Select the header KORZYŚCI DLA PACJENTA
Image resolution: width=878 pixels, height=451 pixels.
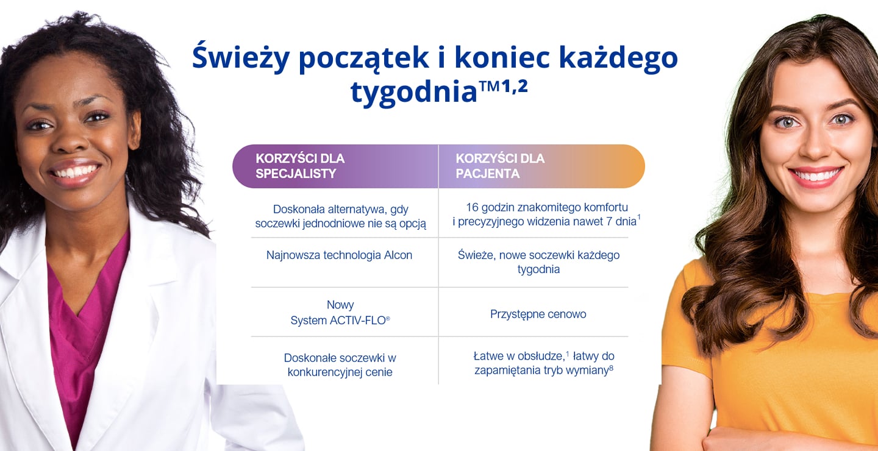click(500, 166)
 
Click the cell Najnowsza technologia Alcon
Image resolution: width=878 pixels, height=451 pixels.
click(339, 255)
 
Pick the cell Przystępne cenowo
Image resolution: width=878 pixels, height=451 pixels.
click(538, 314)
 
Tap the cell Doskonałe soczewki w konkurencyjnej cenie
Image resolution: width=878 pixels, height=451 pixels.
click(340, 365)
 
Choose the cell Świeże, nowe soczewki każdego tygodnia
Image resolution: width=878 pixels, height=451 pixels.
click(538, 262)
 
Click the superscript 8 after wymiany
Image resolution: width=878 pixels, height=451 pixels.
click(611, 367)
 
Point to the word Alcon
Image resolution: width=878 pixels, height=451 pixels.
click(398, 255)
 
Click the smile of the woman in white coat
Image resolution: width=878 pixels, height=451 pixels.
click(74, 171)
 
